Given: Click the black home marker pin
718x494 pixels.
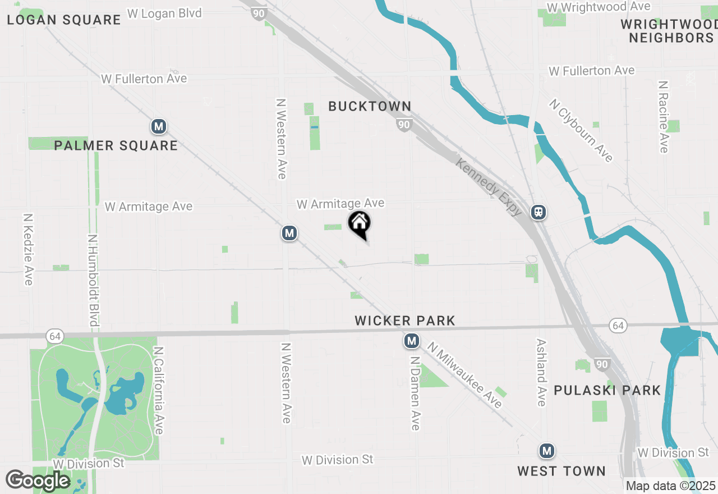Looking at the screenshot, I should [360, 225].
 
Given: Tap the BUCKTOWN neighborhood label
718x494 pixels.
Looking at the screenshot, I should [370, 106].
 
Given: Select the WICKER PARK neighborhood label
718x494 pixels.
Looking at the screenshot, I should [405, 321].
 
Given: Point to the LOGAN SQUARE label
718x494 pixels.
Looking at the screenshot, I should [64, 20].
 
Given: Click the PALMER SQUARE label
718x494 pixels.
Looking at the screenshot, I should [116, 146].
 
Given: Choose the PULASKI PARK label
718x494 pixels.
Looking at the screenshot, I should [607, 390].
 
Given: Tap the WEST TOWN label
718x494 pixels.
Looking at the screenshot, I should [561, 471].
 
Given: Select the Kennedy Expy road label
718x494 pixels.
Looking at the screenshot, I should [489, 187].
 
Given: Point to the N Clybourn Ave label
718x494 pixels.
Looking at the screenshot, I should [581, 131].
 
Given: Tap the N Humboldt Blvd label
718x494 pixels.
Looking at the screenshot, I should [94, 280].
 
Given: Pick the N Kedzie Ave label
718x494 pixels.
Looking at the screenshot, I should [28, 249].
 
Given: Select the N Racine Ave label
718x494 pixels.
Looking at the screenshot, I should [664, 116].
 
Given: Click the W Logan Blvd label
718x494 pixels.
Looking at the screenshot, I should [164, 13].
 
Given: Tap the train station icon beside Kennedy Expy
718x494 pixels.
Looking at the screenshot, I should [538, 212].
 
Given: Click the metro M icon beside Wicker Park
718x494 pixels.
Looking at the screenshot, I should [412, 340].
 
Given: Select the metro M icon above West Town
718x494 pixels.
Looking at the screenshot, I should [547, 450].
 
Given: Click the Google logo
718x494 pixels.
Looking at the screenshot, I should [38, 481].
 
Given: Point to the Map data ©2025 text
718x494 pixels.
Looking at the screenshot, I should [670, 486].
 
